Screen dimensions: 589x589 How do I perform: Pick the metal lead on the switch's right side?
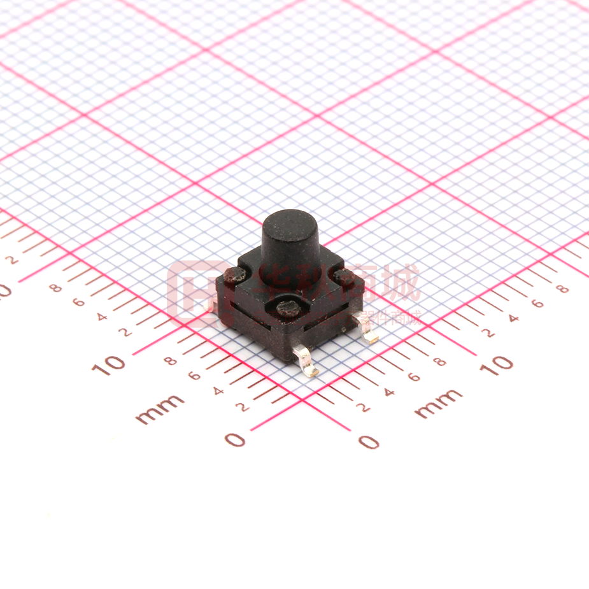[x=367, y=332]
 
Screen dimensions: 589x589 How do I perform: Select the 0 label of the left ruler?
[x=235, y=439]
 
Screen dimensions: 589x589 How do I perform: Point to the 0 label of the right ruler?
[x=369, y=441]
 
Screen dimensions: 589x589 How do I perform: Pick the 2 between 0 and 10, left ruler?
[x=243, y=406]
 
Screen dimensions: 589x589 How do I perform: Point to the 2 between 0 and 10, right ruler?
[x=365, y=408]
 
